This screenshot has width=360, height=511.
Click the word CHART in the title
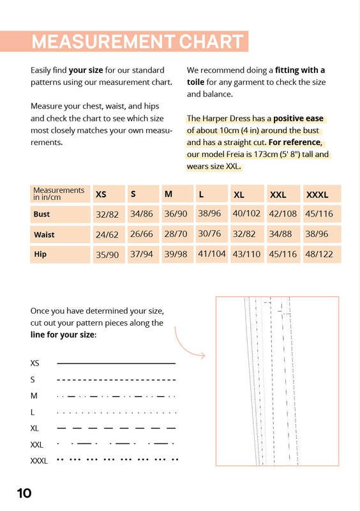click(x=211, y=42)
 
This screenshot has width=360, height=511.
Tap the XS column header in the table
click(x=101, y=195)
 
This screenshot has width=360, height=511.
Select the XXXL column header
click(x=317, y=195)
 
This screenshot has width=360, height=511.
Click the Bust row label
click(x=41, y=214)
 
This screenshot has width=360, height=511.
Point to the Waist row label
click(x=44, y=234)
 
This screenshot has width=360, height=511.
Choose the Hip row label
click(x=40, y=254)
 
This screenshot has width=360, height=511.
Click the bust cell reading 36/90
click(x=176, y=214)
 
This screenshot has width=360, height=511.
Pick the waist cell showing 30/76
click(x=209, y=234)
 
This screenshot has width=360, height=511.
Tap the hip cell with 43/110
click(x=246, y=254)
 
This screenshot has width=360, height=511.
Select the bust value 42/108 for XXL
click(x=283, y=214)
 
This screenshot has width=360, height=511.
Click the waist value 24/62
click(x=107, y=234)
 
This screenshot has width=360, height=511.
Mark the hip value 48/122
click(x=319, y=254)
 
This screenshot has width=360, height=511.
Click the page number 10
click(x=24, y=493)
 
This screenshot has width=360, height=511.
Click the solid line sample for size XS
click(x=116, y=363)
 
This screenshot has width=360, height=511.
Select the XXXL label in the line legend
click(x=39, y=461)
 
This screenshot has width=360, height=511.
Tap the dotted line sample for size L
click(x=117, y=413)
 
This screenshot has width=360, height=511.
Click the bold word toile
click(x=195, y=82)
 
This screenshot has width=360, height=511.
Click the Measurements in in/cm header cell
click(x=59, y=194)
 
